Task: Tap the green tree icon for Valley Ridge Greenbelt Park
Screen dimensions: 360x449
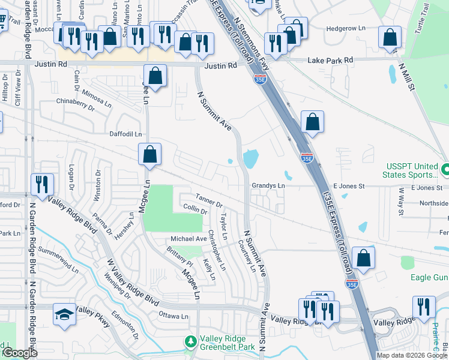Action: pyautogui.click(x=191, y=341)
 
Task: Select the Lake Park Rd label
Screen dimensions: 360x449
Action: pyautogui.click(x=330, y=61)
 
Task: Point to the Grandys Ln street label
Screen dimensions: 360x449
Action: pyautogui.click(x=268, y=186)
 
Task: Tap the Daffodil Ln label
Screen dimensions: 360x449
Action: pyautogui.click(x=125, y=134)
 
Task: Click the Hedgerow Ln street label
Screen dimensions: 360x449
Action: pyautogui.click(x=346, y=28)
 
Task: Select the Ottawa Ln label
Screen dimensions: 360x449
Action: pyautogui.click(x=174, y=315)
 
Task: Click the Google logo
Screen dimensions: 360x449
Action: pyautogui.click(x=20, y=353)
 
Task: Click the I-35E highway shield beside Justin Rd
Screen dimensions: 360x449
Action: pyautogui.click(x=259, y=79)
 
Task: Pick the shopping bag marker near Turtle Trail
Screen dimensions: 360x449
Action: pyautogui.click(x=390, y=38)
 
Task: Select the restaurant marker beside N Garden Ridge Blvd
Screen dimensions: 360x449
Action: pyautogui.click(x=43, y=184)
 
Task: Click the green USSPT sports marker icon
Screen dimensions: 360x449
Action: pyautogui.click(x=445, y=170)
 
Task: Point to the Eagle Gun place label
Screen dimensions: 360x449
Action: pyautogui.click(x=429, y=277)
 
